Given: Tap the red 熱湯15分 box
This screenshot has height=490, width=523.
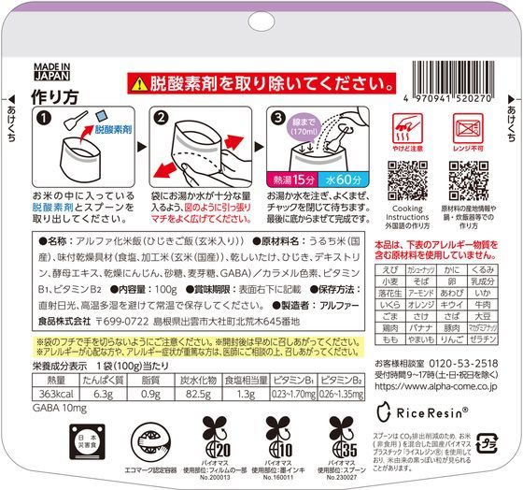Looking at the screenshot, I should click(294, 178).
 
